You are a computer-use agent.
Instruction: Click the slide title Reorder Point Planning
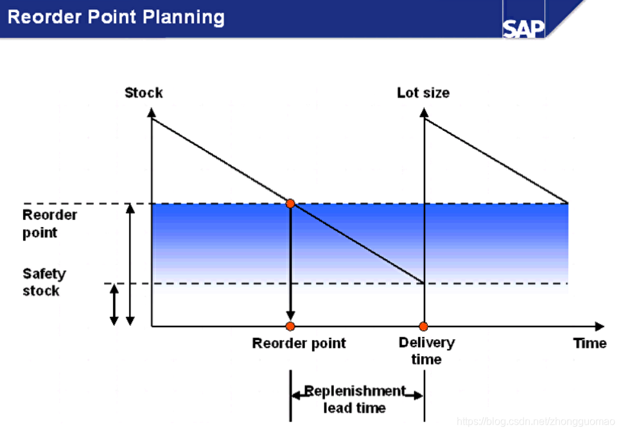coord(116,17)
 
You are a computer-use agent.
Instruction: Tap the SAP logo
coord(523,28)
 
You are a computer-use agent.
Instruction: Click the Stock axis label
coord(143,92)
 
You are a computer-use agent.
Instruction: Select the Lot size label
coord(423,92)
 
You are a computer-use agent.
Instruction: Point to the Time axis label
coord(590,343)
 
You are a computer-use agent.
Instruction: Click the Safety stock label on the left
coord(44,282)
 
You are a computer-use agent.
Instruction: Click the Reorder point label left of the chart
coord(49,223)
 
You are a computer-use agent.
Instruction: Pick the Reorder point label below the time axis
coord(299,343)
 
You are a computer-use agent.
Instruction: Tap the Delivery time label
coord(426,350)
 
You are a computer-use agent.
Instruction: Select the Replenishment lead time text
coord(354,399)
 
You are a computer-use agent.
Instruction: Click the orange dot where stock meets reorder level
coord(290,203)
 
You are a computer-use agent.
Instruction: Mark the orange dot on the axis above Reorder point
coord(290,326)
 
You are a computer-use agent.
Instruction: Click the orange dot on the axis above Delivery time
coord(423,326)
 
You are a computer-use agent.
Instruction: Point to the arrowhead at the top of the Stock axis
coord(152,112)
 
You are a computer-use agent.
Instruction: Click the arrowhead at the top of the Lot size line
coord(424,112)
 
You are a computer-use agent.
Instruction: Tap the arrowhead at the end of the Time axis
coord(600,326)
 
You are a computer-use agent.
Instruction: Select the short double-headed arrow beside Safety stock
coord(114,305)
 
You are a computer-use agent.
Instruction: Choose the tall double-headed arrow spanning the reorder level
coord(130,264)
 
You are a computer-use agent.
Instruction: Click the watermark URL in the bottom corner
coord(536,421)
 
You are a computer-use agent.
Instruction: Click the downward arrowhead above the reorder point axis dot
coord(290,316)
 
